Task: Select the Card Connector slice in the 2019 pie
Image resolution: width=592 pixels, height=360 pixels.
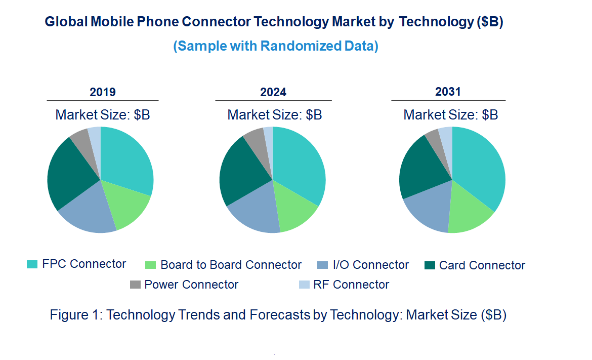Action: point(71,172)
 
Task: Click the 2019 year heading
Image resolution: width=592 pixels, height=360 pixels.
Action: point(103,92)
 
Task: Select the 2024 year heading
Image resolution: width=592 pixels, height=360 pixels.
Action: point(273,92)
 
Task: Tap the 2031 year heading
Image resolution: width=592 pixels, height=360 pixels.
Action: point(448,92)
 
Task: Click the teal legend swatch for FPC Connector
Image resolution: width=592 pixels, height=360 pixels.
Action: point(32,264)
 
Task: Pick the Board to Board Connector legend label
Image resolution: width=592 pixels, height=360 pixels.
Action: point(231,265)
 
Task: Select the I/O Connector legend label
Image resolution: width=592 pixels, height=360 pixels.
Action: point(370,265)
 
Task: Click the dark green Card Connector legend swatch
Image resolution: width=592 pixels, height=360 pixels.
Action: point(430,265)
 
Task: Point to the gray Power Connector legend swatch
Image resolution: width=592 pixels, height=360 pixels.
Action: point(135,285)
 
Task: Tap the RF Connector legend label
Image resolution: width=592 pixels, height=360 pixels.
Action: point(351,285)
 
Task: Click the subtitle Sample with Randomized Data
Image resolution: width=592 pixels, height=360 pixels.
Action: point(276,46)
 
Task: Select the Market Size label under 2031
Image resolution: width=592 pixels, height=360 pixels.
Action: point(450,115)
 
